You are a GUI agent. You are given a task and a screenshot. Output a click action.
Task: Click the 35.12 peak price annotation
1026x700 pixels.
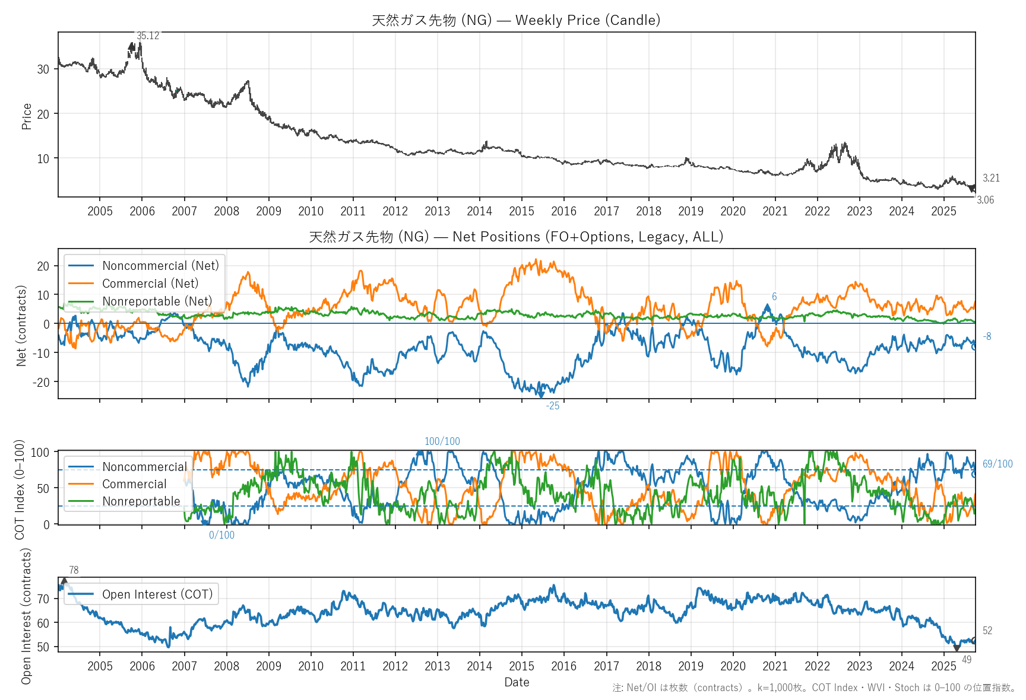coord(148,36)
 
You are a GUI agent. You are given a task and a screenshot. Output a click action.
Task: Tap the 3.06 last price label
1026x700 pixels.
coord(985,200)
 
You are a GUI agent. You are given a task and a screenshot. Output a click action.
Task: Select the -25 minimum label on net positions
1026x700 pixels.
coord(553,406)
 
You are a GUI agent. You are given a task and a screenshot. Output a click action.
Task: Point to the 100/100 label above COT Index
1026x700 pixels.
coord(442,441)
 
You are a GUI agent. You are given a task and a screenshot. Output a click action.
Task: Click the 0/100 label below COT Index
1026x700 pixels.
coord(221,535)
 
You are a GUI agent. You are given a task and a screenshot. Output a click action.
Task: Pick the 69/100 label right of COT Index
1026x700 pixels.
coord(997,464)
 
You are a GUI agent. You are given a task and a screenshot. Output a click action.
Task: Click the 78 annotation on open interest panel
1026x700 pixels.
coord(74,570)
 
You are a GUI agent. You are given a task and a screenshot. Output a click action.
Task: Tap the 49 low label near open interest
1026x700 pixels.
coord(967,660)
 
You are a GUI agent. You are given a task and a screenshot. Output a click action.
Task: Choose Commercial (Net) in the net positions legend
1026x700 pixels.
coord(150,284)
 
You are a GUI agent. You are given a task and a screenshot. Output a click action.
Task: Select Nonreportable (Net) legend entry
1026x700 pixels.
coord(157,301)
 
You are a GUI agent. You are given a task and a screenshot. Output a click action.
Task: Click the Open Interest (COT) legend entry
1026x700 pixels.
coord(157,594)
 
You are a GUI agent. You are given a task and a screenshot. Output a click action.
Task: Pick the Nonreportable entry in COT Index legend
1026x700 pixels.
coord(141,501)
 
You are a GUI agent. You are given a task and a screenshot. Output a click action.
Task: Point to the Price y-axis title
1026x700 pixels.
coord(27,116)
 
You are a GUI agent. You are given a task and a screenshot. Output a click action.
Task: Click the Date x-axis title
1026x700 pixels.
coord(517,682)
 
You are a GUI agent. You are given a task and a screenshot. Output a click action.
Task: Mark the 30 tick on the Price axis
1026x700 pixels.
coord(43,69)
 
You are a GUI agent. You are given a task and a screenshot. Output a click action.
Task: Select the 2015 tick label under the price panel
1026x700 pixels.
coord(521,211)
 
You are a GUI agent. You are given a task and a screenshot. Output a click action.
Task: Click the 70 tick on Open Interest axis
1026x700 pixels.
coord(43,599)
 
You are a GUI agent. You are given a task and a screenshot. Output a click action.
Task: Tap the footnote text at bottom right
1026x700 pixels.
coord(813,688)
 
